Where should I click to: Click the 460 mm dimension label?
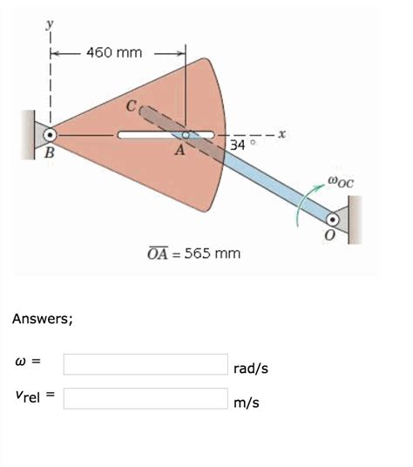click(114, 54)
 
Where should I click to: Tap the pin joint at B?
click(50, 135)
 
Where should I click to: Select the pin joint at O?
click(333, 220)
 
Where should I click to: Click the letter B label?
click(49, 153)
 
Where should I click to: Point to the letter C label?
click(131, 106)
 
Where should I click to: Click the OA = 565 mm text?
click(194, 254)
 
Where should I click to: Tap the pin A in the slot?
click(186, 135)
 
